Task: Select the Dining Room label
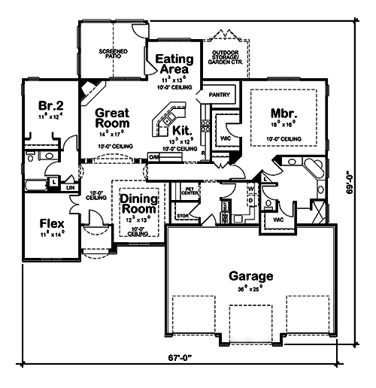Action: pyautogui.click(x=138, y=203)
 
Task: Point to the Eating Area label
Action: pyautogui.click(x=174, y=64)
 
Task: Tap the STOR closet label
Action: pyautogui.click(x=180, y=215)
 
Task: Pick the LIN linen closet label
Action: pyautogui.click(x=71, y=186)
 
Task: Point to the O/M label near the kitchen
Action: pyautogui.click(x=154, y=156)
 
